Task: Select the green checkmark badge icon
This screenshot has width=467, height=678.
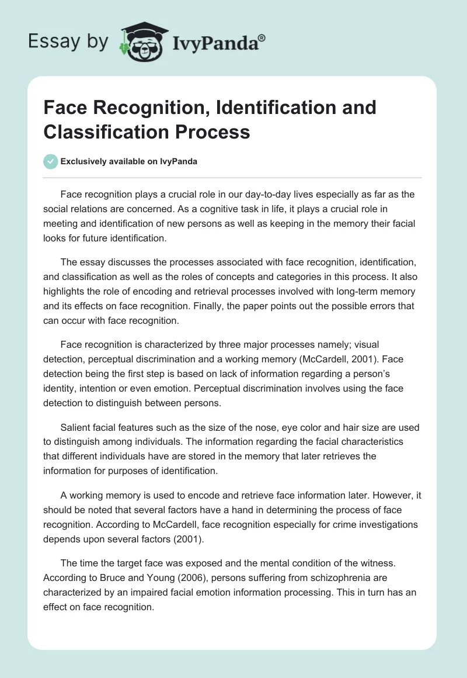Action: click(50, 162)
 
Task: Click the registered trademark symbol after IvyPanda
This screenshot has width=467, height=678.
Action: click(262, 37)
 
